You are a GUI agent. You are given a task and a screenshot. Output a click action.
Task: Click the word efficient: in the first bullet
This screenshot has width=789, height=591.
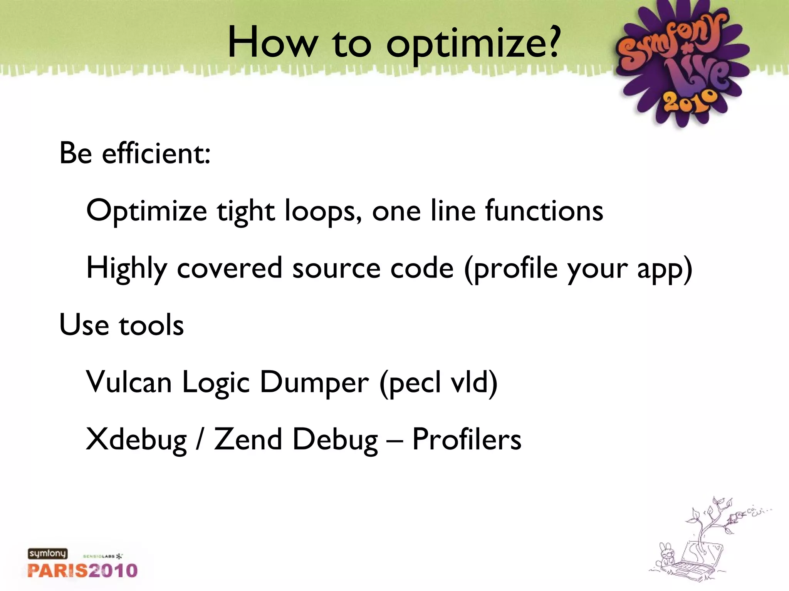pyautogui.click(x=156, y=153)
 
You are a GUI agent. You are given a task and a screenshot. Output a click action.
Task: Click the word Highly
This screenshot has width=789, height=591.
pyautogui.click(x=127, y=268)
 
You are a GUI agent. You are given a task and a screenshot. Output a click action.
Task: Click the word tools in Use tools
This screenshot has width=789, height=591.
pyautogui.click(x=151, y=325)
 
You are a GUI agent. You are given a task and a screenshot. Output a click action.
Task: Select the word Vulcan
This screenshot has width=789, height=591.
pyautogui.click(x=129, y=382)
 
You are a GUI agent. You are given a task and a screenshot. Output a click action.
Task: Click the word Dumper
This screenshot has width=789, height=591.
pyautogui.click(x=314, y=382)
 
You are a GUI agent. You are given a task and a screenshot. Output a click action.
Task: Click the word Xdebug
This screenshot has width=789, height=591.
pyautogui.click(x=136, y=439)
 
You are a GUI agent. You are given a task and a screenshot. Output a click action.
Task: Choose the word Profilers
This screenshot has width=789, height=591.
pyautogui.click(x=467, y=439)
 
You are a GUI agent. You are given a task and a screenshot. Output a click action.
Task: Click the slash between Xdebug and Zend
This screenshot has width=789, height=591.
pyautogui.click(x=199, y=439)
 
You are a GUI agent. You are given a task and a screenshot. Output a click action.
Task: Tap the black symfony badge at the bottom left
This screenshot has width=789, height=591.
pyautogui.click(x=47, y=554)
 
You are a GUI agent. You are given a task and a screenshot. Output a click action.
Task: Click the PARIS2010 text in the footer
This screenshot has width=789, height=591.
pyautogui.click(x=82, y=570)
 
